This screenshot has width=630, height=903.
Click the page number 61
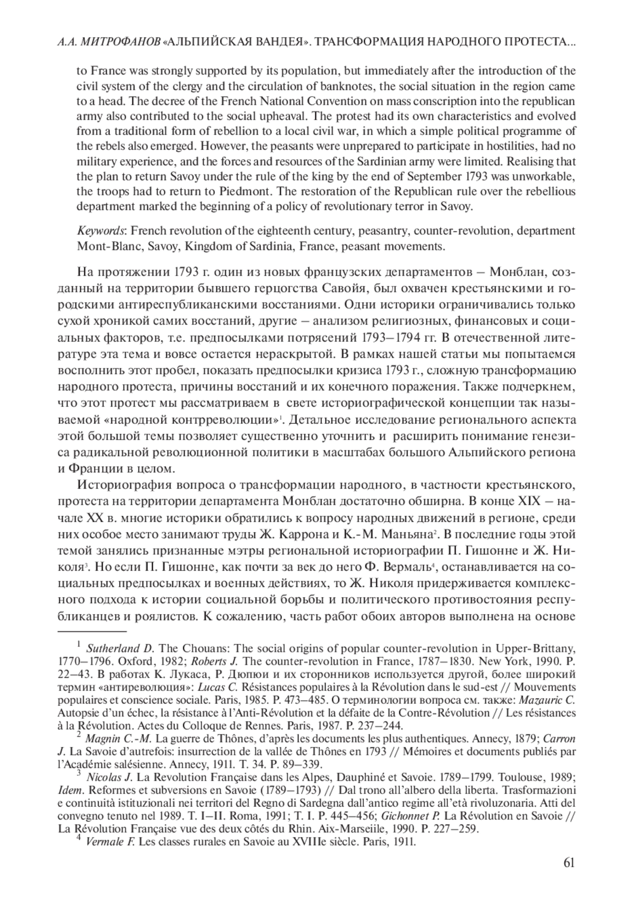569,863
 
